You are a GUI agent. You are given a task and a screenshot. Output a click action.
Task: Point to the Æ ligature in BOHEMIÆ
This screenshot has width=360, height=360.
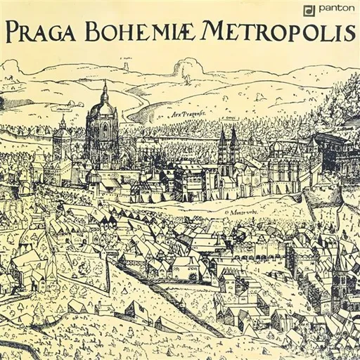coord(184,32)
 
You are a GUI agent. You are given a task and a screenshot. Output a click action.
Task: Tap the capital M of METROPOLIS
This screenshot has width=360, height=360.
coord(214,31)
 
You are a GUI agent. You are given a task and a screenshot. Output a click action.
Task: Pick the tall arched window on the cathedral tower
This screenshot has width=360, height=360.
coord(105,131)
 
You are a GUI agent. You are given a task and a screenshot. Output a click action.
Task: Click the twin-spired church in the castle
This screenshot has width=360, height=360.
coord(228,144)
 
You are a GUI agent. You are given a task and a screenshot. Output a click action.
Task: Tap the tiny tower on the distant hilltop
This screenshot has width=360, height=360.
coord(127,65)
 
